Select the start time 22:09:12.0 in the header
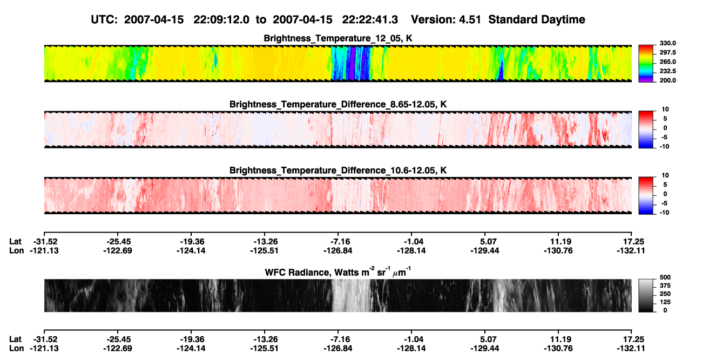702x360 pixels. tap(221, 20)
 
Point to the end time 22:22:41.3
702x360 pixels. tap(370, 20)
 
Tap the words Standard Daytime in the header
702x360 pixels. tap(537, 20)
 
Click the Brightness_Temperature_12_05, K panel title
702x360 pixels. tap(338, 38)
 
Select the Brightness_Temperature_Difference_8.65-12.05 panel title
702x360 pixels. tap(338, 104)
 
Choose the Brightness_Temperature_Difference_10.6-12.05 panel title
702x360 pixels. tap(338, 171)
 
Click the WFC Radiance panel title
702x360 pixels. tap(338, 272)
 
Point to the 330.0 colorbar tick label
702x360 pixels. tap(667, 43)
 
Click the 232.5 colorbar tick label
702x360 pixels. tap(667, 71)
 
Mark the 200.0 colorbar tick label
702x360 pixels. tap(667, 80)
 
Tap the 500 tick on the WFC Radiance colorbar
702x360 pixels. tap(665, 277)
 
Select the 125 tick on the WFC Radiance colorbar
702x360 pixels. tap(665, 302)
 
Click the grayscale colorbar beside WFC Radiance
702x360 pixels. tap(646, 295)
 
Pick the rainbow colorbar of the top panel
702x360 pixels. tap(646, 64)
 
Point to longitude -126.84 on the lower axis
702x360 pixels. tap(338, 349)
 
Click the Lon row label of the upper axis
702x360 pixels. tap(16, 250)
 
